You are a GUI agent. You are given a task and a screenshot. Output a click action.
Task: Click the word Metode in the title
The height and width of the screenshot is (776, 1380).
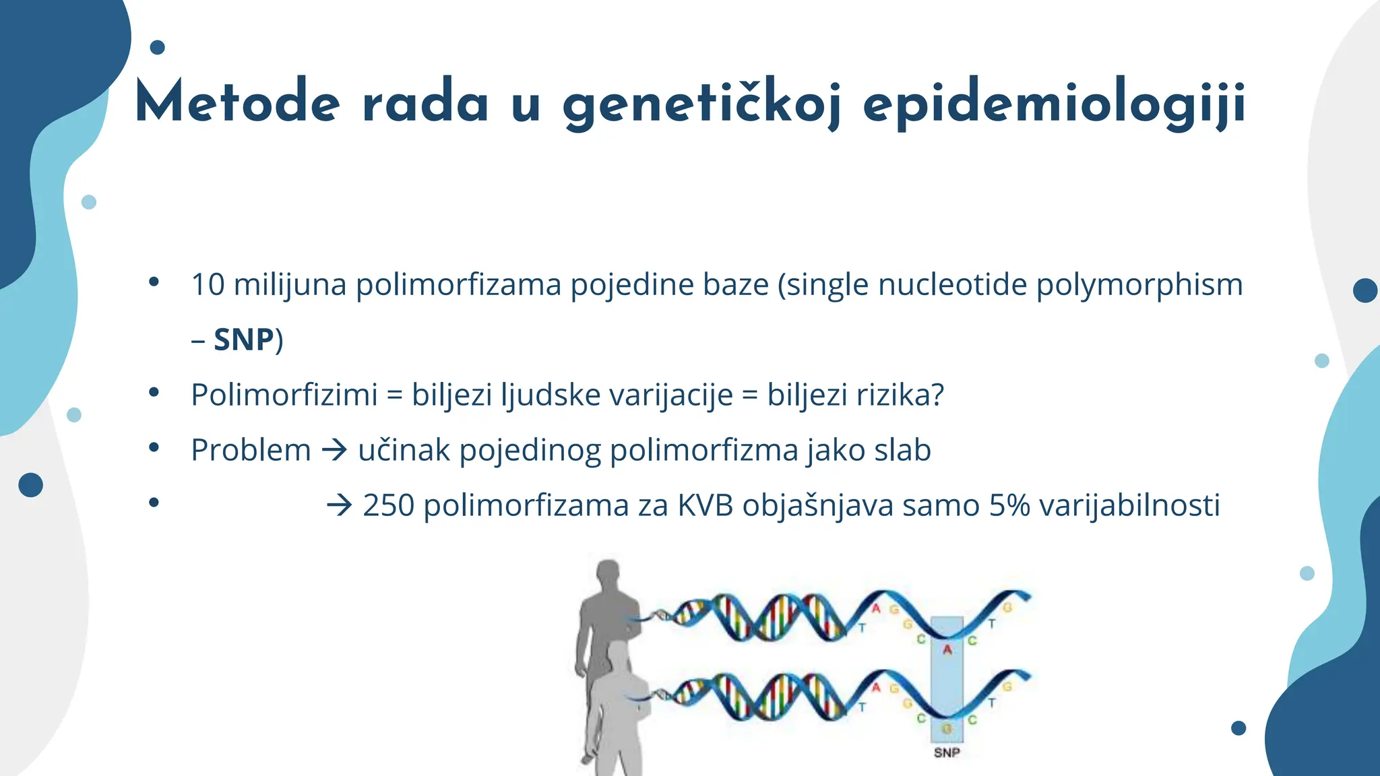[x=237, y=103]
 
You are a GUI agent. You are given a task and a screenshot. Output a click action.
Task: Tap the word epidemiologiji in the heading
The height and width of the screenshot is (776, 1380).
[x=1054, y=105]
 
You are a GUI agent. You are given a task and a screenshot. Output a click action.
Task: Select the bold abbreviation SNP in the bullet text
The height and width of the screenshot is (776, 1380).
[x=243, y=339]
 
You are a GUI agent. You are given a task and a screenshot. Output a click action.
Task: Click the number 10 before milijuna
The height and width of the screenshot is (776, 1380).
[x=208, y=284]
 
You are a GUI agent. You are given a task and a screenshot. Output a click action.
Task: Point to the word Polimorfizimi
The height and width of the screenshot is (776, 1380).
[x=284, y=395]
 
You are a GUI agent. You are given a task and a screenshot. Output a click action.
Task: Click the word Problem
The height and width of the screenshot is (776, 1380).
[x=251, y=450]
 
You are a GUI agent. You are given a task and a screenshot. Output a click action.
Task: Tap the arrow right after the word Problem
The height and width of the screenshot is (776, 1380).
[x=334, y=450]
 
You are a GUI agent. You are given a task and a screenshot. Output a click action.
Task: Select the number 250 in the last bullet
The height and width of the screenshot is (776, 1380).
[x=388, y=505]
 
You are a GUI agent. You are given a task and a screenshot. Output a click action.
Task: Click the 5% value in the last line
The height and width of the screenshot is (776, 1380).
[x=1009, y=505]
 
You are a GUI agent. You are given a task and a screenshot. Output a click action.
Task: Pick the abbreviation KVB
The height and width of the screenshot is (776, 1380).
[x=705, y=505]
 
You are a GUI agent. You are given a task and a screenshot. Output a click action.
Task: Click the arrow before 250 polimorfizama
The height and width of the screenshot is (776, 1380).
[x=340, y=505]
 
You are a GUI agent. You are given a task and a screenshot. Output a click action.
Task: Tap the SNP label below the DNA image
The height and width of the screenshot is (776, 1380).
[x=947, y=752]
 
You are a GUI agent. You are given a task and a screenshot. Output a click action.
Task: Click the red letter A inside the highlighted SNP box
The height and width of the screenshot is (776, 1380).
[x=947, y=650]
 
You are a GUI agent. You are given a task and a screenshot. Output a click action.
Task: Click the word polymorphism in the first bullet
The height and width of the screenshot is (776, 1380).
[x=1139, y=284]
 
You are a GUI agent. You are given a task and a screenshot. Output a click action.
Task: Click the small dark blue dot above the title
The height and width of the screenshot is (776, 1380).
[x=157, y=47]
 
